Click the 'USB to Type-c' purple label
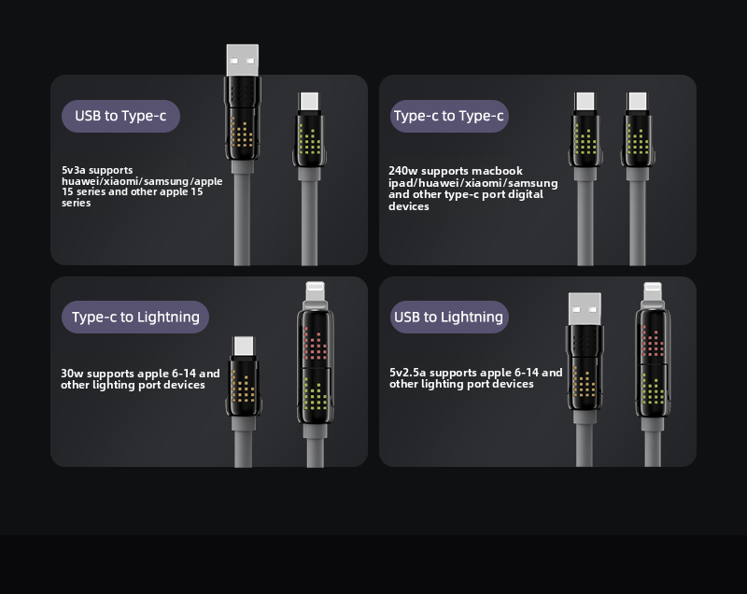click(120, 116)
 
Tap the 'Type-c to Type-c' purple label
click(449, 116)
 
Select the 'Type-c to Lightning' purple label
click(135, 317)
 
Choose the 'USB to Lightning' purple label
click(449, 317)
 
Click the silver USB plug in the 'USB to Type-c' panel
click(243, 60)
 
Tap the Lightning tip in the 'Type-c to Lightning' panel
click(315, 290)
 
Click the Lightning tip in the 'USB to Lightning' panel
click(653, 291)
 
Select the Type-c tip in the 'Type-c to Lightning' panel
click(244, 346)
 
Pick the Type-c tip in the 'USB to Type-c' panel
click(309, 102)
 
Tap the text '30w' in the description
click(72, 374)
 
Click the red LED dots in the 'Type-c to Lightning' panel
click(315, 345)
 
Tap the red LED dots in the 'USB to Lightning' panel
click(653, 342)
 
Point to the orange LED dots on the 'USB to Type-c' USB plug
click(242, 132)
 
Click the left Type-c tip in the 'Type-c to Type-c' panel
click(585, 102)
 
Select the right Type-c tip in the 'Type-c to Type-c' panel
click(637, 102)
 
